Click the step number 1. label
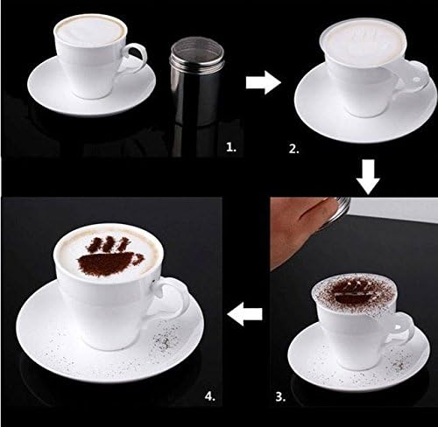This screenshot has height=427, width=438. point(230,150)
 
